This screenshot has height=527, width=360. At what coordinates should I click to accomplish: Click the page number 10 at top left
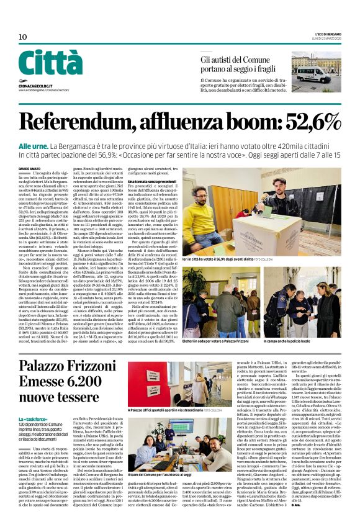click(22, 37)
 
